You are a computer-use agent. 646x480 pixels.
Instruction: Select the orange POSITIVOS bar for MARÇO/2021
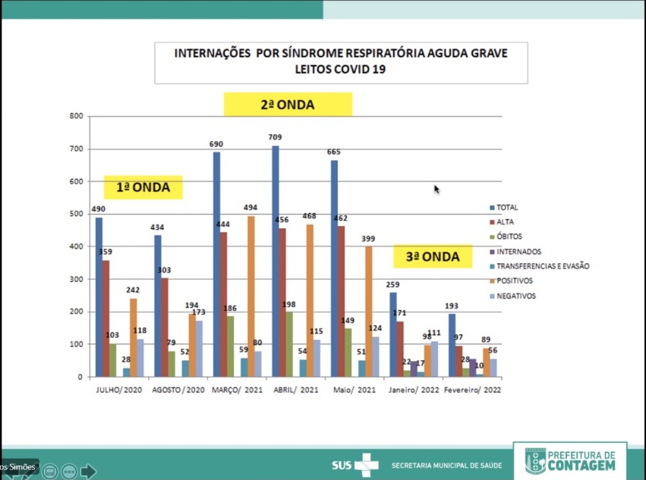[251, 296]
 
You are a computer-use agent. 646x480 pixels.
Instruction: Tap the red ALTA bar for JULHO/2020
[106, 318]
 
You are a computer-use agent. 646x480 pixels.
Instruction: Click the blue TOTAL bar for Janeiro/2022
[393, 334]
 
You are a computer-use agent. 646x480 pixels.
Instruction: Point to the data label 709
[275, 137]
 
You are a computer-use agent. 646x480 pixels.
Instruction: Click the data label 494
[251, 208]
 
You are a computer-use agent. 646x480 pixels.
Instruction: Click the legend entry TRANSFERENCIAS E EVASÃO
[544, 266]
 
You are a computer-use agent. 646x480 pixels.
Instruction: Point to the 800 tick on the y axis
[75, 116]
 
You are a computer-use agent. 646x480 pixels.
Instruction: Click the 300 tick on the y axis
[75, 279]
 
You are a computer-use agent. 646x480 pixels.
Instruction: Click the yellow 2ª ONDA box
[288, 105]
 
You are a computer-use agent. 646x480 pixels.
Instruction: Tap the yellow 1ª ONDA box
[143, 187]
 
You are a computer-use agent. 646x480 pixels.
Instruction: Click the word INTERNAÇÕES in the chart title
[212, 54]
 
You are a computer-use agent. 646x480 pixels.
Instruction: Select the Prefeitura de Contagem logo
[570, 460]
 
